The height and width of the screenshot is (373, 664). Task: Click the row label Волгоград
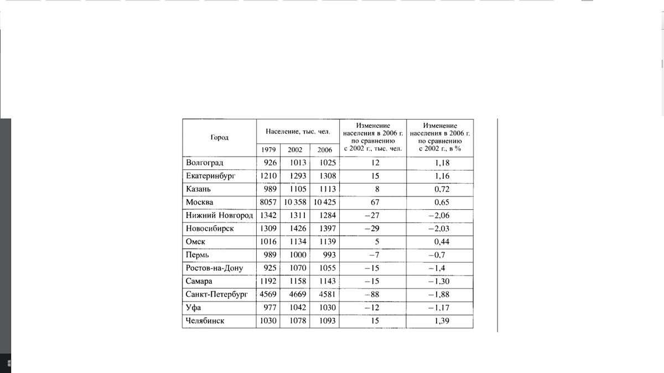coord(204,163)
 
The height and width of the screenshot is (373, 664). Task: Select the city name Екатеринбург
coord(211,176)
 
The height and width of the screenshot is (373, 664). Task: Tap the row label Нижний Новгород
coord(219,215)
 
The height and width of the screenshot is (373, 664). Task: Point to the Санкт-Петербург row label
coord(217,294)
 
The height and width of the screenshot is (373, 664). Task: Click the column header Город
coord(219,137)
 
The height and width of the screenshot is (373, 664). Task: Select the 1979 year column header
coord(269,150)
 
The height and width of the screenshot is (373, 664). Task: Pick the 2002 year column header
coord(295,150)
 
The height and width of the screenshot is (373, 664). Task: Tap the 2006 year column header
coord(325,150)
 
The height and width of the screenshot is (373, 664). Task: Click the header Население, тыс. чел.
coord(298,132)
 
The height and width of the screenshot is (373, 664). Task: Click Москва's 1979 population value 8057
coord(268,202)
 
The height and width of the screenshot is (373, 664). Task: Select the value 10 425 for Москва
coord(324,202)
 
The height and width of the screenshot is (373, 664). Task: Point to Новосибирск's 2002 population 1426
coord(298,229)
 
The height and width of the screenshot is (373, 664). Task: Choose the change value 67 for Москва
coord(375,202)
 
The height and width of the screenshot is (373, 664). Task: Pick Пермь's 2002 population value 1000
coord(298,255)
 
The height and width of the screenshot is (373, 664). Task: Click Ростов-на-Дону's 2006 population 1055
coord(327,268)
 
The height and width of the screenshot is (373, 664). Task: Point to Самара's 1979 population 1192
coord(268,281)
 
